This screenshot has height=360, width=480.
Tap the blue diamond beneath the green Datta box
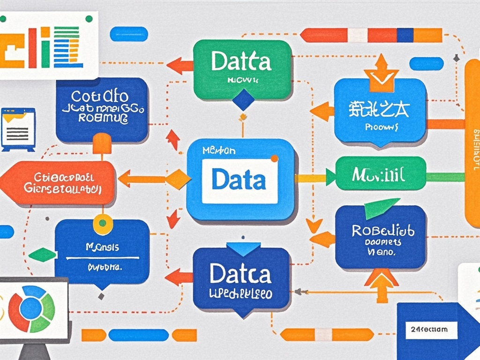coord(243,99)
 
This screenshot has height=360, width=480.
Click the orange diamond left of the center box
coord(178,179)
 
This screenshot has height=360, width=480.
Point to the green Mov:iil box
coord(381,176)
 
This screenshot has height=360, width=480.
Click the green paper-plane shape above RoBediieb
coord(381,208)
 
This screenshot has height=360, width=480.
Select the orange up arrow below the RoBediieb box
coord(382,284)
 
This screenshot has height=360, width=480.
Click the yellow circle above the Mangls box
coord(103,224)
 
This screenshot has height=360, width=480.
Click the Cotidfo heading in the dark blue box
coord(100,97)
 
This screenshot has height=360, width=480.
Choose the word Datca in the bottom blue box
coord(240,274)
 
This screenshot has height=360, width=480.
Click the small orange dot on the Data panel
coord(274,158)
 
